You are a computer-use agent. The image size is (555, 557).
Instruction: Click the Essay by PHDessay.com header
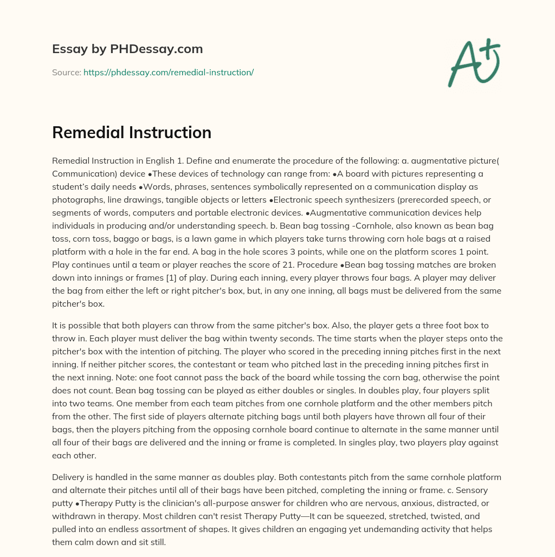point(127,49)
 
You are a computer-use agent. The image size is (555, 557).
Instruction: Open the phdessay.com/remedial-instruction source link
point(169,72)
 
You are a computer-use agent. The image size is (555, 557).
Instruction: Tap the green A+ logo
point(474,63)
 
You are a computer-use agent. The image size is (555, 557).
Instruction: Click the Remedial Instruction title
point(132,133)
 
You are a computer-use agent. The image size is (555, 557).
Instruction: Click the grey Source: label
point(66,72)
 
